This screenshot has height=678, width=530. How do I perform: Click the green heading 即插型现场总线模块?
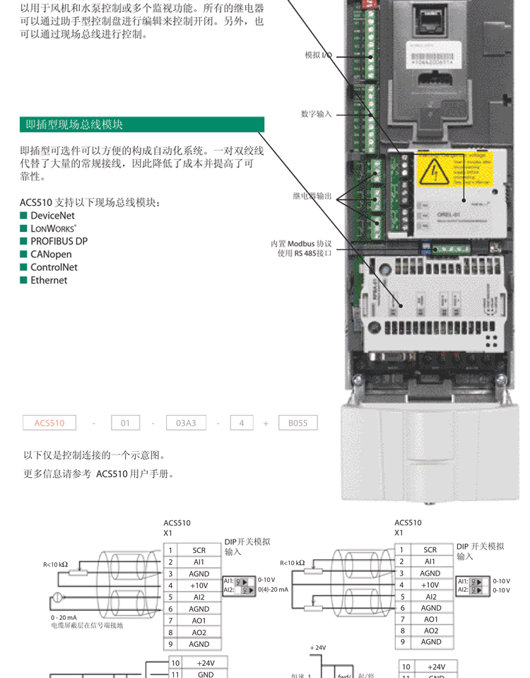pos(74,124)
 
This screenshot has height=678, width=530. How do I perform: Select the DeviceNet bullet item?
pos(52,216)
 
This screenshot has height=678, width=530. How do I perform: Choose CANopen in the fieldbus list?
pos(50,255)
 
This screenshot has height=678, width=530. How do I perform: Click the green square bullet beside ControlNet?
pos(23,267)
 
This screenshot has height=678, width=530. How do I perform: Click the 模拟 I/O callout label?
pos(317,54)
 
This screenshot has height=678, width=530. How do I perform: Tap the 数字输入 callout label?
pos(316,114)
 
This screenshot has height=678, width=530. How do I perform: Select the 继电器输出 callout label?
pos(312,196)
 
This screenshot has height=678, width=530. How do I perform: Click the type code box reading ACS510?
pos(49,423)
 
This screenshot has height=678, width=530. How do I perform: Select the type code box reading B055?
pos(298,423)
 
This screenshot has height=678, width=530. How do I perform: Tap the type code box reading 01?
pos(125,423)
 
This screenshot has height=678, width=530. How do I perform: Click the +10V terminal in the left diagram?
pos(199,585)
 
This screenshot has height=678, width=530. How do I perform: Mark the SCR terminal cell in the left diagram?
pos(199,549)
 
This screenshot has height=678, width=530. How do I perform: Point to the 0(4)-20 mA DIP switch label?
pos(273,589)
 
